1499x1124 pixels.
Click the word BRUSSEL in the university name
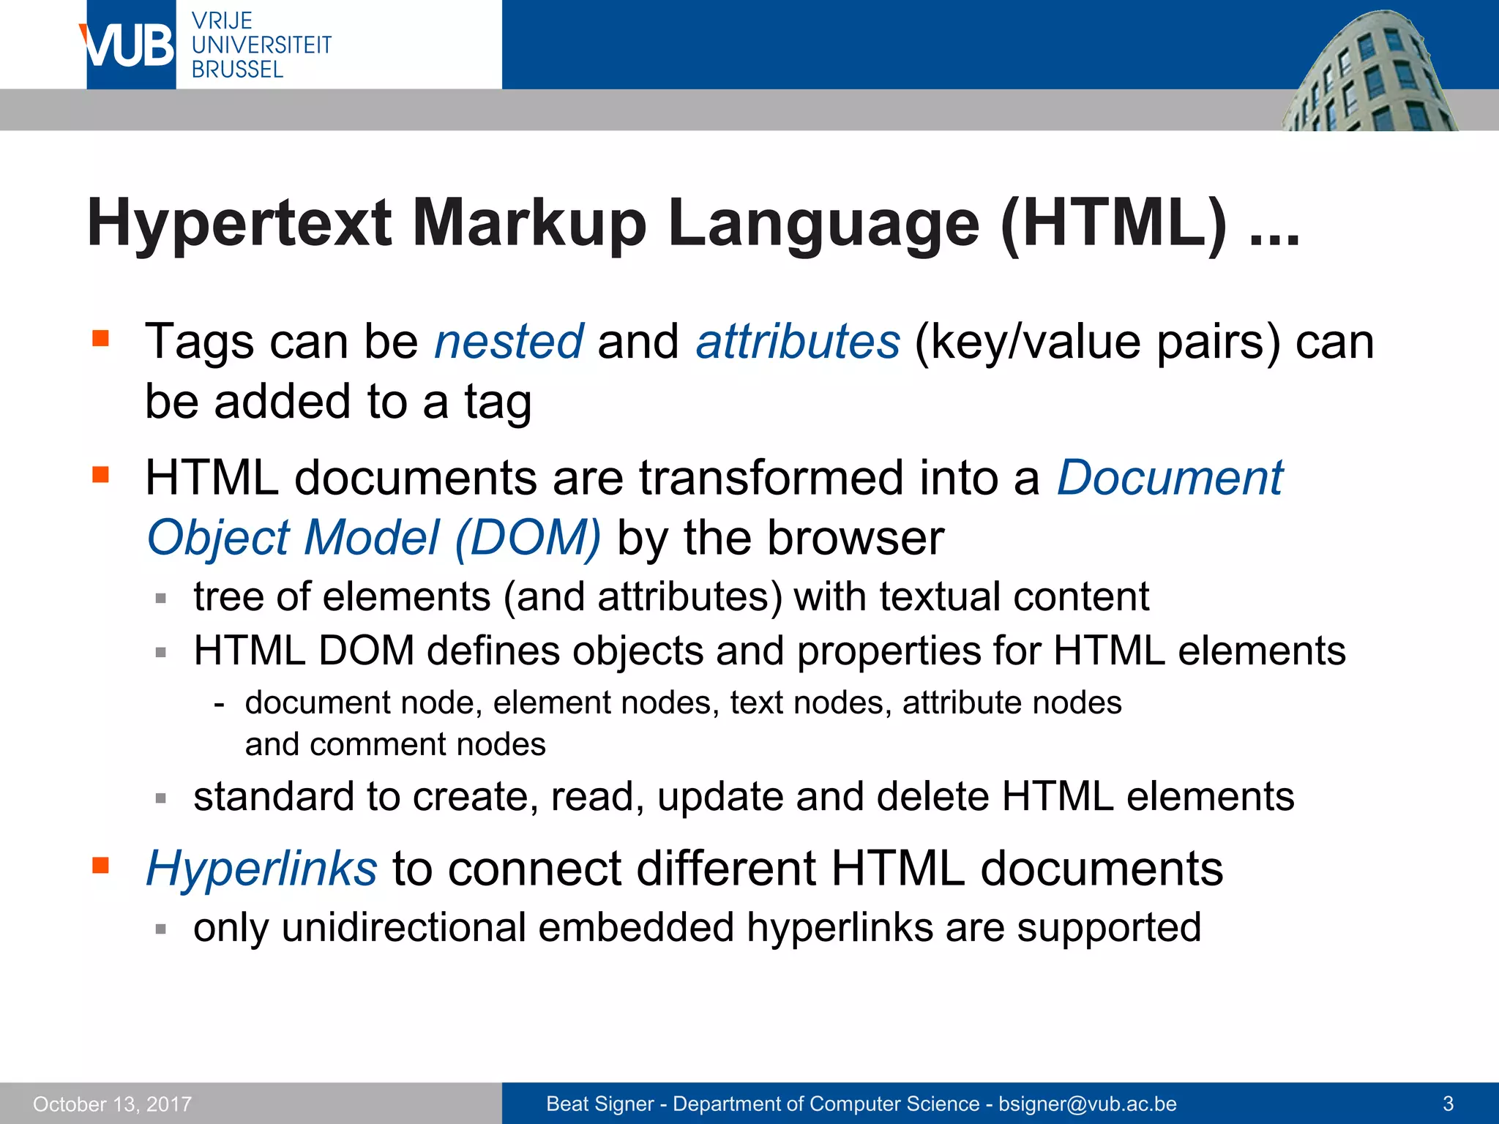pos(237,70)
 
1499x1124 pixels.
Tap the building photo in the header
pos(1369,73)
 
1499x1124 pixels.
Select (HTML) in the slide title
pos(1113,223)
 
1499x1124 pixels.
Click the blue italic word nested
pos(509,342)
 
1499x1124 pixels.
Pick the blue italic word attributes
pos(797,342)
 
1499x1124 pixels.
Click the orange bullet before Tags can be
pos(100,338)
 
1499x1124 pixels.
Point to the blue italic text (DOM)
pos(527,538)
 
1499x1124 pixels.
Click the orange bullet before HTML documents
pos(100,475)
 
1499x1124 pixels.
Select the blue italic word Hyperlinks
pos(261,869)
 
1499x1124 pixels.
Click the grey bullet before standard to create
pos(161,798)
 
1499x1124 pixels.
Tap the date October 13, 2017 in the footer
pos(112,1104)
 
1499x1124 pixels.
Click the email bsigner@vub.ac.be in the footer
pos(1087,1104)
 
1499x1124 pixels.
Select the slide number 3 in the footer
pos(1447,1104)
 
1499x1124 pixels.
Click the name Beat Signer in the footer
pos(599,1104)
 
